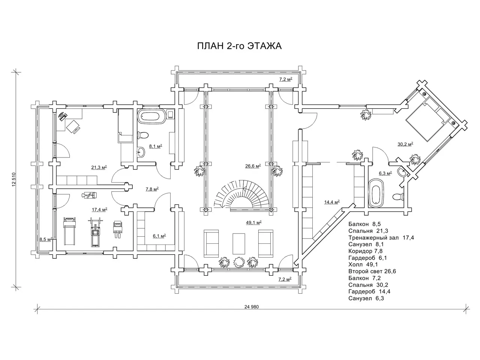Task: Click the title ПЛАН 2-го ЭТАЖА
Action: pos(239,46)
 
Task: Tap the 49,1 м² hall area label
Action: pos(253,222)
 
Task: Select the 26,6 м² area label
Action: pos(253,166)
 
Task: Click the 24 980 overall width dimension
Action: pos(252,307)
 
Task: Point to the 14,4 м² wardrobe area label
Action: pos(332,202)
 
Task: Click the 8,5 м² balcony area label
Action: pos(45,239)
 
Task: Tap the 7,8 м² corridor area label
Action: pos(152,189)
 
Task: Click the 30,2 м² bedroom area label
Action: pos(405,144)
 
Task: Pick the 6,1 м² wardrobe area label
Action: pos(159,236)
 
